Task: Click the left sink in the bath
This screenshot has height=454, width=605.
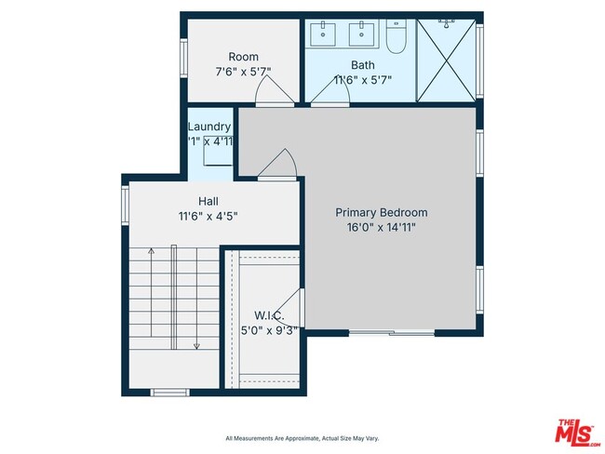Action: point(327,35)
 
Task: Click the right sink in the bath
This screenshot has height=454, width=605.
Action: point(361,35)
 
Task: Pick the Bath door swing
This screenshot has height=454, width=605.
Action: point(325,96)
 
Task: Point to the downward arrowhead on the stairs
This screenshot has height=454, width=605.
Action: point(196,345)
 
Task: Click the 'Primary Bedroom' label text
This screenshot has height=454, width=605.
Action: point(382,212)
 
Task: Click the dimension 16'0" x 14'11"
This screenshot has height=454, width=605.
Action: point(382,226)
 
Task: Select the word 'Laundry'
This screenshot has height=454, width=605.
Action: point(209,127)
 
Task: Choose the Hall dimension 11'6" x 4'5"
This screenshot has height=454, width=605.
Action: point(208,216)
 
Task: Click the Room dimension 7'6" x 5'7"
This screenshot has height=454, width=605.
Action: point(243,72)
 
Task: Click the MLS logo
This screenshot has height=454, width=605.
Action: point(577,432)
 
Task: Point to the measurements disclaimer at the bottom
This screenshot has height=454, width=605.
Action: point(302,438)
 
